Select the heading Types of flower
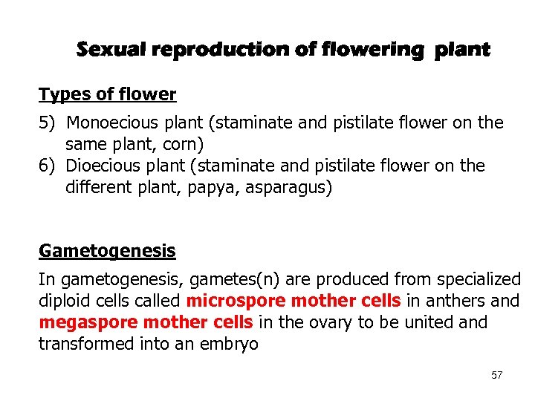107,95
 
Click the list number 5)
49,123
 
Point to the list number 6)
49,166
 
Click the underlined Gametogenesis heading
107,251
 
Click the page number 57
497,376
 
